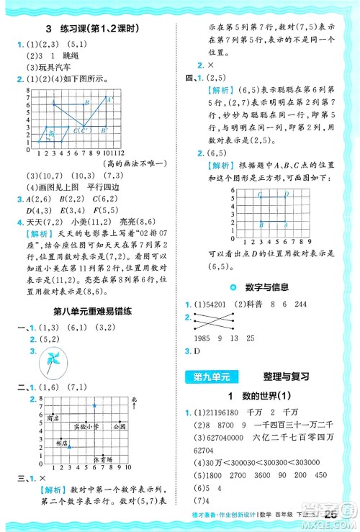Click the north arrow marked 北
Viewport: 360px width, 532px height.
pyautogui.click(x=133, y=400)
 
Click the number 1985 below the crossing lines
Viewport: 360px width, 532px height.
pyautogui.click(x=203, y=338)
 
